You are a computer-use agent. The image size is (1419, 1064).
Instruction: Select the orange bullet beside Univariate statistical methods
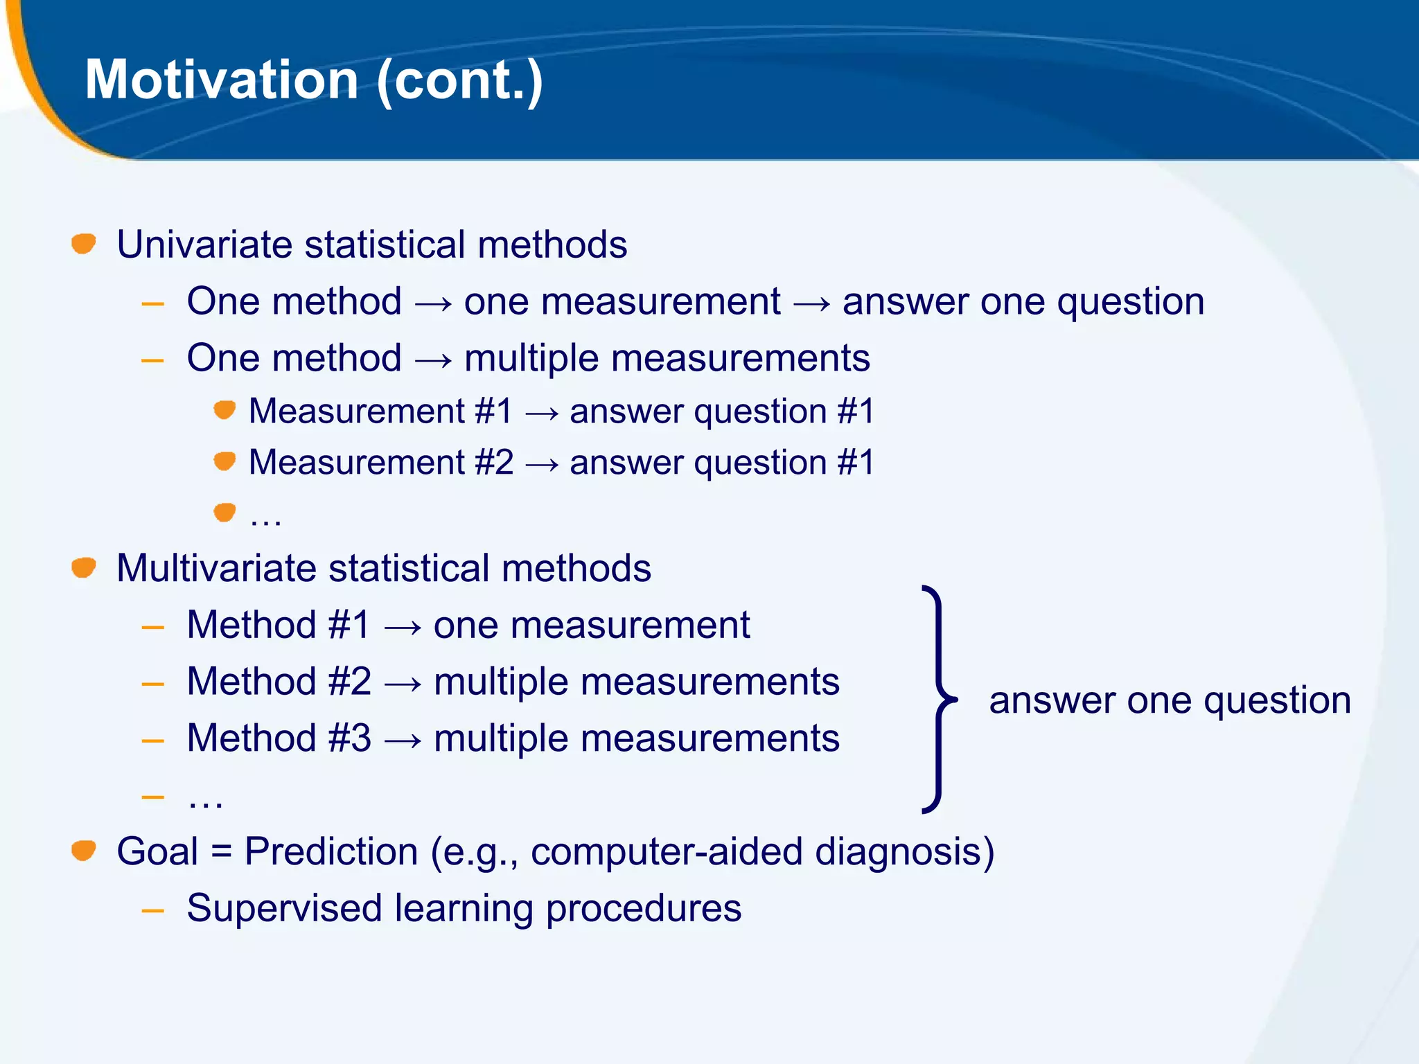click(84, 244)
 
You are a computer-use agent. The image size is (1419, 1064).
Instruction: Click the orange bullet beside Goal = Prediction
click(84, 850)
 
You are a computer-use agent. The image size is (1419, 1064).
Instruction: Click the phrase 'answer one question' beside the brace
click(1170, 700)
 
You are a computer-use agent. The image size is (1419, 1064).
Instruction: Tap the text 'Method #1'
click(279, 625)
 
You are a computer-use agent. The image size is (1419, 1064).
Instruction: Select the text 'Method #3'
click(279, 738)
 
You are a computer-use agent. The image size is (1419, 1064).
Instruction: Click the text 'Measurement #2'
click(381, 462)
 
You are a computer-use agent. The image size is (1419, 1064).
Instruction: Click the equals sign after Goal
click(221, 851)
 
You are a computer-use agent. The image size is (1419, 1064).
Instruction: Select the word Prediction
click(331, 851)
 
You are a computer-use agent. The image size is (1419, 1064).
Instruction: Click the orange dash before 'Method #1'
click(152, 628)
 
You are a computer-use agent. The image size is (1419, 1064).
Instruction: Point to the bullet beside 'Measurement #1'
click(224, 410)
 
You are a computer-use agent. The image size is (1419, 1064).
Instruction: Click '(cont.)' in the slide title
click(460, 81)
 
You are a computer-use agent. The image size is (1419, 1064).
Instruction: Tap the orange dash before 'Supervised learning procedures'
click(152, 910)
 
